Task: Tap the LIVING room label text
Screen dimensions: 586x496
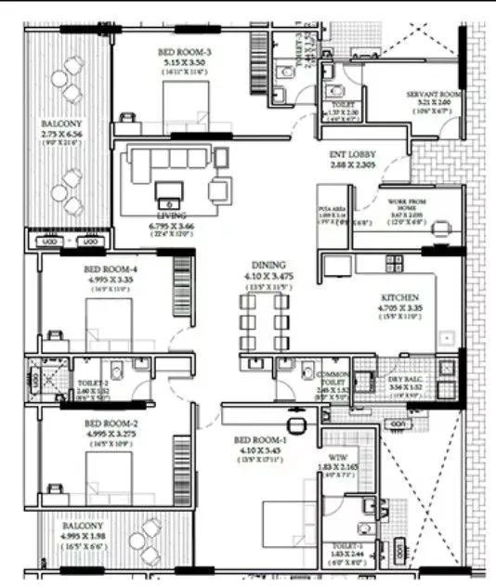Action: click(x=171, y=215)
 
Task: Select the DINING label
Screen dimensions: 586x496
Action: click(x=267, y=265)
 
